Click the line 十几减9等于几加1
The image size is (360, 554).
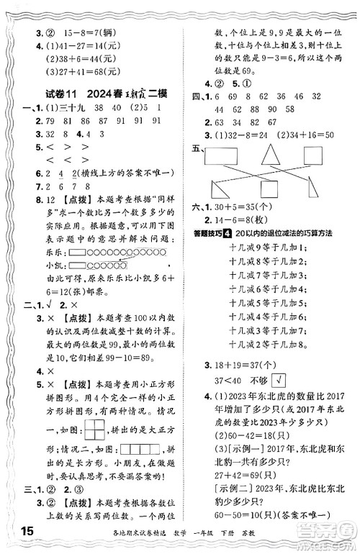pyautogui.click(x=268, y=247)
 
